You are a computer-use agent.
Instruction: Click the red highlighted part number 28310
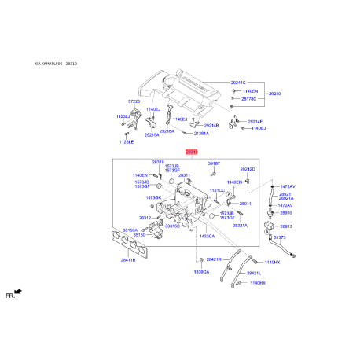point(191,152)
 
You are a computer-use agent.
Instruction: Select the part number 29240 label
point(274,94)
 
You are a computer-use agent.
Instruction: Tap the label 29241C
point(238,82)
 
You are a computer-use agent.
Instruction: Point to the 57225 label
point(134,101)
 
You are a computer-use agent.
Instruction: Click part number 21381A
point(200,134)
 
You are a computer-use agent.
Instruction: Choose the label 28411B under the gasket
point(128,258)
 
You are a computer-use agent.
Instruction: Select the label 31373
point(280,237)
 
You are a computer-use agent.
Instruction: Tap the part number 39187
point(214,163)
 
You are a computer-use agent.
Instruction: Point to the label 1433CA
point(207,236)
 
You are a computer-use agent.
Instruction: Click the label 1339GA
point(200,271)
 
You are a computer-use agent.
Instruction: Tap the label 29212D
point(248,169)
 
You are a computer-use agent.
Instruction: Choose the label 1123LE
point(127,141)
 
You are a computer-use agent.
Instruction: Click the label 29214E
point(255,121)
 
